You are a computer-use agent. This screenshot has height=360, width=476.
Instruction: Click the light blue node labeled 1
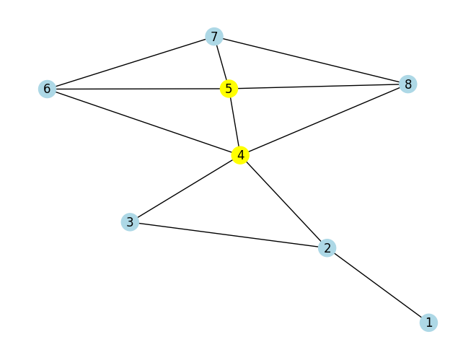click(428, 322)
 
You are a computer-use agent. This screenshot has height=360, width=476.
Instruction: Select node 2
click(327, 248)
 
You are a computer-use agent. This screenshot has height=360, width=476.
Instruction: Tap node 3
click(130, 222)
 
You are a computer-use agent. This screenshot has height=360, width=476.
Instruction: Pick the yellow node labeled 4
click(240, 155)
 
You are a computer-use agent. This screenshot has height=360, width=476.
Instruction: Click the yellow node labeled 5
click(229, 89)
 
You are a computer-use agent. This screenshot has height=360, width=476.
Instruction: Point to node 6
click(47, 89)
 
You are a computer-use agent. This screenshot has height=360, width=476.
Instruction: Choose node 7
click(214, 36)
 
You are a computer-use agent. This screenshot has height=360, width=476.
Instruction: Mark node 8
click(407, 84)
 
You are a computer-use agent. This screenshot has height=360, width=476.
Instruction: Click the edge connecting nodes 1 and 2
click(378, 285)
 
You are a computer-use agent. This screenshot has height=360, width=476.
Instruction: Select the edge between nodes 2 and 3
click(229, 235)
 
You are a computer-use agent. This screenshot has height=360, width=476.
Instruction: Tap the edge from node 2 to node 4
click(283, 201)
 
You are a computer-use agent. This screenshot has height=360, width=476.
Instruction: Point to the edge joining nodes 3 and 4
click(185, 188)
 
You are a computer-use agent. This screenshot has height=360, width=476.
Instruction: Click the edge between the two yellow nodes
click(234, 122)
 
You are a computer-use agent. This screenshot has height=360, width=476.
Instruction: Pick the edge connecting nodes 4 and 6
click(144, 122)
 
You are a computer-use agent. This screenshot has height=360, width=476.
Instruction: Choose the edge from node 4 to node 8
click(324, 120)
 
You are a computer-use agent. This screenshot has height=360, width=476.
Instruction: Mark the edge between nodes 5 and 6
click(138, 89)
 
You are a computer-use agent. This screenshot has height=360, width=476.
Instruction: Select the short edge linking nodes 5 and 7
click(221, 63)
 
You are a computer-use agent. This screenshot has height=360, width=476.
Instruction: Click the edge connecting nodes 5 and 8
click(318, 87)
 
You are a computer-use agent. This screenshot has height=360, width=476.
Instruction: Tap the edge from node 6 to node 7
click(131, 63)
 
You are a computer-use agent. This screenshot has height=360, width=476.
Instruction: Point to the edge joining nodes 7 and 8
click(311, 60)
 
